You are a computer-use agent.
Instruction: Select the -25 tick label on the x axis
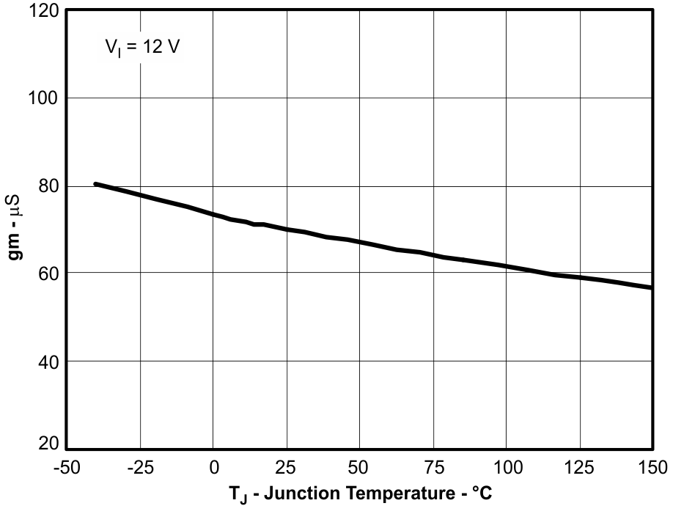139,468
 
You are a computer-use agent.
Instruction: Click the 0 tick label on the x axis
213,468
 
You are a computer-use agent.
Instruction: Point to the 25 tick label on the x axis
287,468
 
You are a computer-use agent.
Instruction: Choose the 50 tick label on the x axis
359,468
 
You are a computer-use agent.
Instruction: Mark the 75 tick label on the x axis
433,468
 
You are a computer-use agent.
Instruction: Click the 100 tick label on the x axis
506,468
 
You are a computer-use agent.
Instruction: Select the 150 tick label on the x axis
650,468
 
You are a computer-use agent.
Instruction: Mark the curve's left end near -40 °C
96,184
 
